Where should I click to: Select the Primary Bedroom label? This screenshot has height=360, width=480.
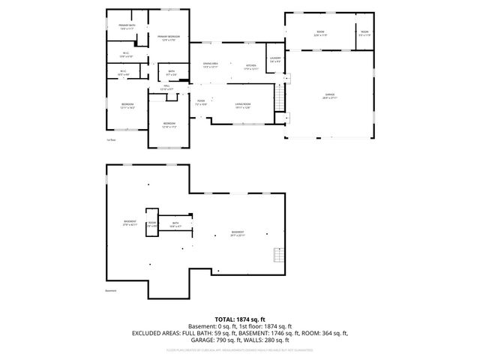click(x=168, y=37)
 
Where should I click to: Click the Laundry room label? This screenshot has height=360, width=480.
click(x=275, y=59)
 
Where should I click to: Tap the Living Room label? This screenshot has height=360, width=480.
click(x=242, y=105)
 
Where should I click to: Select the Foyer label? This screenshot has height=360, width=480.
click(x=200, y=102)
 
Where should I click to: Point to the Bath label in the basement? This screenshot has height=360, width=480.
click(x=175, y=224)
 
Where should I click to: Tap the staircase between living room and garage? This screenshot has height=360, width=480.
click(x=280, y=96)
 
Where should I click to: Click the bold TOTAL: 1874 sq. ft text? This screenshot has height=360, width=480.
click(x=239, y=319)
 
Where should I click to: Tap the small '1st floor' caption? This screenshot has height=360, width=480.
click(x=111, y=139)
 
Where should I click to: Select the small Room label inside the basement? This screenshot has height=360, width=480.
click(x=151, y=223)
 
